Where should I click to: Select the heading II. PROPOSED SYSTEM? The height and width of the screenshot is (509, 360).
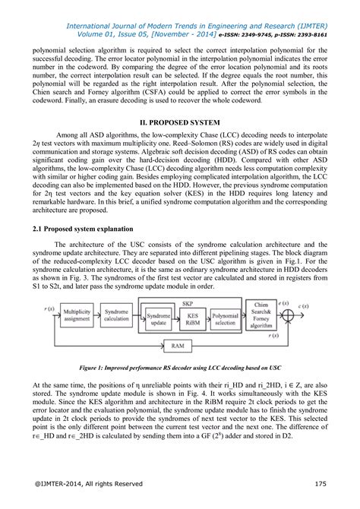coord(180,122)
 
